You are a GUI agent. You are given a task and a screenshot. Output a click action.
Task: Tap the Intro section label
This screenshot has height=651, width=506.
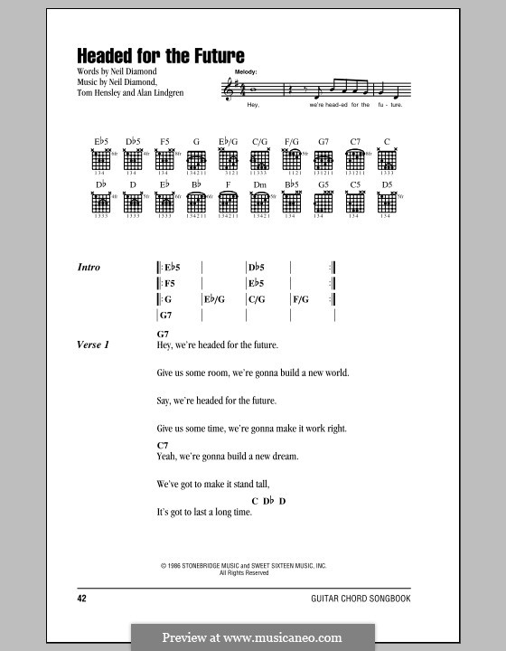tap(90, 268)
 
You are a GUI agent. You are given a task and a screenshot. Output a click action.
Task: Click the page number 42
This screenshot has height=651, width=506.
tap(84, 599)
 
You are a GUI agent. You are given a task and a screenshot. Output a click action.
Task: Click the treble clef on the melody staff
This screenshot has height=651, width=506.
tap(228, 89)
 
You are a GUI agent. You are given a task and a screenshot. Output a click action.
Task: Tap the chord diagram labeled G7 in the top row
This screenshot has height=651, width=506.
tap(323, 164)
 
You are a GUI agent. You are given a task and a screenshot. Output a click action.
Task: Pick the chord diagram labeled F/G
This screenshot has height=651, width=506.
tap(291, 164)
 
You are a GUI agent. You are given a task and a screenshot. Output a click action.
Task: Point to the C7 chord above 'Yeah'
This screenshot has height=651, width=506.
tap(163, 446)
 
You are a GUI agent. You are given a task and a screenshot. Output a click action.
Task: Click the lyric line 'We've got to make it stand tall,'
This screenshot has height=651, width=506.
tap(212, 483)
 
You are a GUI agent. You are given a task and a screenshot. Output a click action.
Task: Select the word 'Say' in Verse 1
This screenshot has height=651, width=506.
tap(164, 400)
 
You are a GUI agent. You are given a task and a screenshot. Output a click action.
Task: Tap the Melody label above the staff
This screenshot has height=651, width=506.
tap(243, 71)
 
